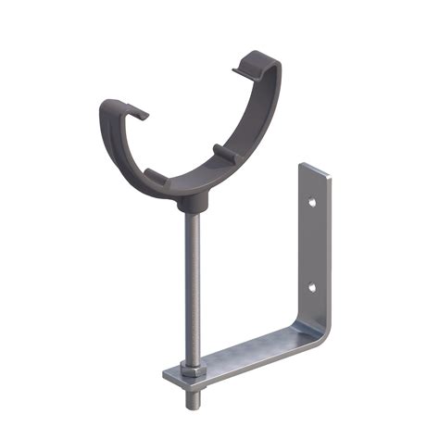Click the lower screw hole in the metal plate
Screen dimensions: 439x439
pos(311,286)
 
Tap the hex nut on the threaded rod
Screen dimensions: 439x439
pos(187,370)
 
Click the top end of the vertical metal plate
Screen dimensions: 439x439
pos(313,169)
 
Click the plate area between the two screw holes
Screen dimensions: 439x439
pos(313,244)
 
